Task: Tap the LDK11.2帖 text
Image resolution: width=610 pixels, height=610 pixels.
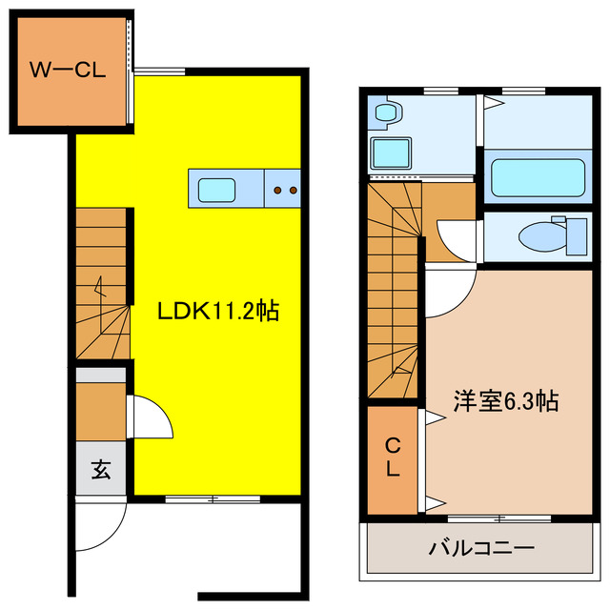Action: [218, 311]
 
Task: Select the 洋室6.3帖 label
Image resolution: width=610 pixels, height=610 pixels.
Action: [505, 401]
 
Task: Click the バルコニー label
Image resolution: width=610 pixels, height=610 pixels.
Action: [481, 549]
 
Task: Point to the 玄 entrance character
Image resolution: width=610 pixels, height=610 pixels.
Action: [100, 469]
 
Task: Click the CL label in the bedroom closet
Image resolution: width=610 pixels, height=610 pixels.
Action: [392, 457]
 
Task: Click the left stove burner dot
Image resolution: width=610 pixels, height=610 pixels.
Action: [277, 191]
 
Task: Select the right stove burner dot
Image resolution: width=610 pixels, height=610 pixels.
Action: [293, 191]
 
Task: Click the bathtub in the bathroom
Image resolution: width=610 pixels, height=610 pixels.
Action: [537, 177]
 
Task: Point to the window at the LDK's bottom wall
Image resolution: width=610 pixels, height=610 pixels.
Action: [213, 498]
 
